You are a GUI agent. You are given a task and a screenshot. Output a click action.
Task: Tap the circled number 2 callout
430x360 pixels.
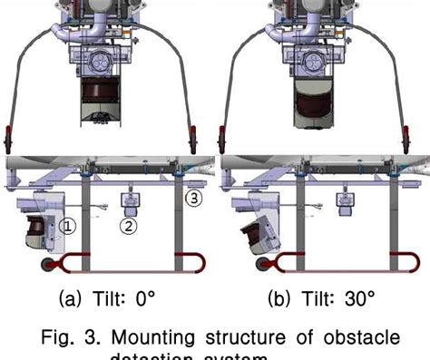click(130, 227)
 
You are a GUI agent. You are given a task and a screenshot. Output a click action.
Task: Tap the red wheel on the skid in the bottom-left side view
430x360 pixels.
click(44, 266)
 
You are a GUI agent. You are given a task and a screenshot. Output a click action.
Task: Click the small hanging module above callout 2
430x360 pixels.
click(130, 205)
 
